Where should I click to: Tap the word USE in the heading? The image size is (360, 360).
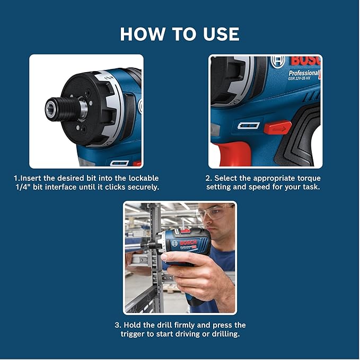(x=217, y=34)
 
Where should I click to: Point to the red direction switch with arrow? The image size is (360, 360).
(x=278, y=128)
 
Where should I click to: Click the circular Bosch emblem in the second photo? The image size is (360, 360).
(x=278, y=62)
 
